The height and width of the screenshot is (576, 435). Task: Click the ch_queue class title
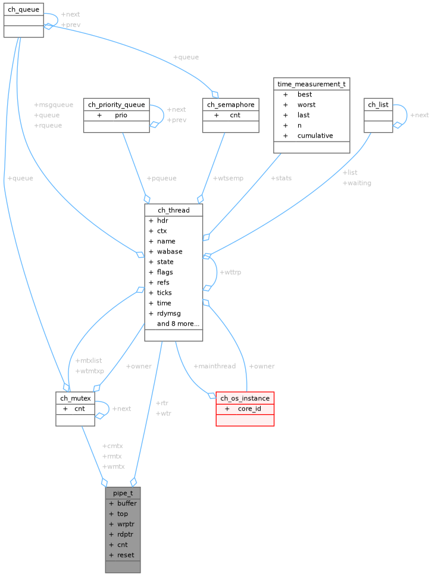click(x=23, y=10)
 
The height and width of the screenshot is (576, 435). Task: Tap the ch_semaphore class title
click(x=230, y=105)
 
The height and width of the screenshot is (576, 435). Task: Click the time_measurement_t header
click(x=311, y=84)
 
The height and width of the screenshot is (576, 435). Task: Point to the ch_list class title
click(x=378, y=105)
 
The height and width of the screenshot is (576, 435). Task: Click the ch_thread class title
click(x=173, y=210)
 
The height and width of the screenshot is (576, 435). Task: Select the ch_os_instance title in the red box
click(x=245, y=398)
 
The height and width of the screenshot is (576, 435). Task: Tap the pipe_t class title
click(x=123, y=493)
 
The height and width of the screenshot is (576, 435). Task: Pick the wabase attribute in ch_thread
click(x=170, y=251)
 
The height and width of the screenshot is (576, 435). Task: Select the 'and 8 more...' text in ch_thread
click(x=178, y=324)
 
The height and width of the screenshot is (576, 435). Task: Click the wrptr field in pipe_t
click(x=126, y=524)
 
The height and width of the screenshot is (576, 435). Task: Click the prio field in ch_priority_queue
click(x=121, y=115)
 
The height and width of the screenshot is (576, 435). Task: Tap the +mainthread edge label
click(x=215, y=366)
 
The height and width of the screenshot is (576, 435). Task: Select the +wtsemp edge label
click(x=228, y=178)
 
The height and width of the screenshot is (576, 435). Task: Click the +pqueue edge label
click(x=161, y=178)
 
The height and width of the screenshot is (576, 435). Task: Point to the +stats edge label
click(x=281, y=178)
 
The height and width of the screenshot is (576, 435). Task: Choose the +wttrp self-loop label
click(x=230, y=272)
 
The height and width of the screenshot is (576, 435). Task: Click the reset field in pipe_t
click(x=126, y=555)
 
